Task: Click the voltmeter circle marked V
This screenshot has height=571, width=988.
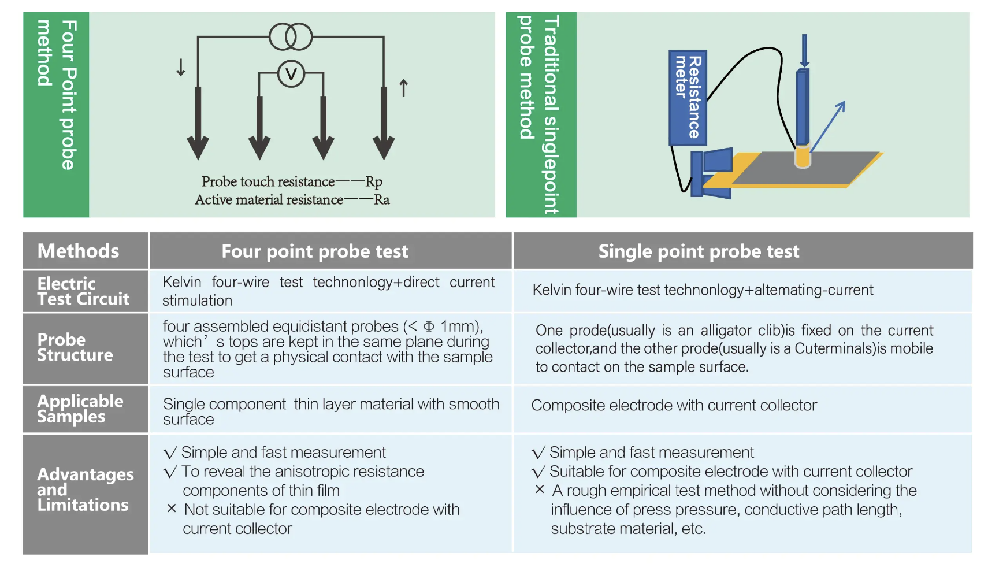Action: [x=291, y=74]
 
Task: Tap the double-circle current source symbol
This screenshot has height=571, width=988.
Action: [x=291, y=36]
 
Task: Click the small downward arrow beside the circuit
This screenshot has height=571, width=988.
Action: [x=180, y=67]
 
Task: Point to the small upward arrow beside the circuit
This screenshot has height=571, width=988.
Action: [x=404, y=87]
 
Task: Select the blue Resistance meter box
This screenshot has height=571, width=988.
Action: [x=688, y=98]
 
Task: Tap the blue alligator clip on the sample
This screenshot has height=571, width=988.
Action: [x=711, y=173]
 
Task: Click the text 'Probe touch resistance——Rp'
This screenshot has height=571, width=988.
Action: [x=292, y=181]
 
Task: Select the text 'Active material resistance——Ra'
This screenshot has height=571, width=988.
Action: [x=292, y=200]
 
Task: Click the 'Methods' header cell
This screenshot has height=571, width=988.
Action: [x=78, y=251]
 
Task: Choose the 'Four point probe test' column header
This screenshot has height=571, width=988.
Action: [x=314, y=251]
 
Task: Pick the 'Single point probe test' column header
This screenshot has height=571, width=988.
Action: [x=699, y=251]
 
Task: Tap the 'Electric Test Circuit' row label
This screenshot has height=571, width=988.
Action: [x=83, y=291]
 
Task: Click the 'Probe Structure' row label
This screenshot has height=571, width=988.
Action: [x=75, y=347]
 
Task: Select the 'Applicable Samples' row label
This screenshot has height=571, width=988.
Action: [x=80, y=409]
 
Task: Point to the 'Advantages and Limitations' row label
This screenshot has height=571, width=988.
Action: [x=86, y=490]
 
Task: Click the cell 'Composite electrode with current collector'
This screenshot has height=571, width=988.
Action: [x=674, y=405]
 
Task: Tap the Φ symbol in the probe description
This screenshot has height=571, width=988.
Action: [x=429, y=327]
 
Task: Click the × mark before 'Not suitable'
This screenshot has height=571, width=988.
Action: [x=172, y=509]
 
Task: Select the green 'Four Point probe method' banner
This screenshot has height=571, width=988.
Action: [x=56, y=114]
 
